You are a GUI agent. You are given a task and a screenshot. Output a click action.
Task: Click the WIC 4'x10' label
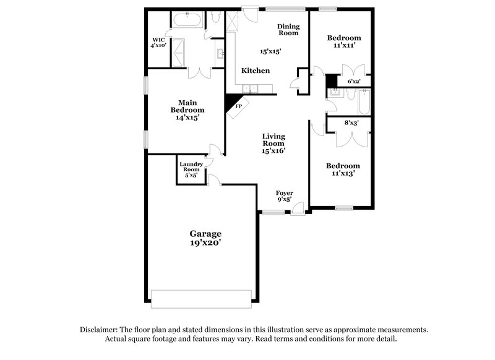(x=159, y=43)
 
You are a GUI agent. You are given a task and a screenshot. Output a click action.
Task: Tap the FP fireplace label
(x=239, y=106)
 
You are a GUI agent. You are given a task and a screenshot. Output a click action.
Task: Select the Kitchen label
(x=255, y=71)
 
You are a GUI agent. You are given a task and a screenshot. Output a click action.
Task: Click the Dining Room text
(x=288, y=30)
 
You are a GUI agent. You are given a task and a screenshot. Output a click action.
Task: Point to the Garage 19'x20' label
(x=205, y=239)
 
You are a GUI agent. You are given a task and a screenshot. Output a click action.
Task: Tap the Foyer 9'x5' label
(x=284, y=197)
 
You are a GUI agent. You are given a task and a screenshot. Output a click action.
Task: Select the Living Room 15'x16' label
(x=273, y=143)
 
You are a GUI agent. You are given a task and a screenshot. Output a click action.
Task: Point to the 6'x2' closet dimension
(x=353, y=81)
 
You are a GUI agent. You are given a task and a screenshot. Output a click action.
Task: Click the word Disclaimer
(x=99, y=330)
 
